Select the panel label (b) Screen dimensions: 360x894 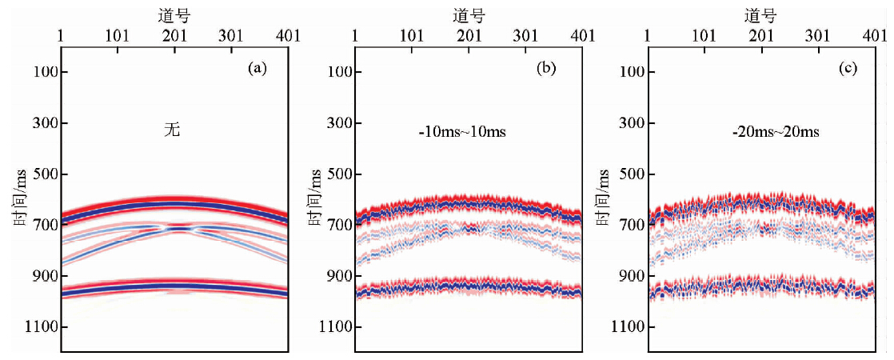tap(547, 69)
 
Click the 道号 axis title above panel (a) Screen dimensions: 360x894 tap(175, 15)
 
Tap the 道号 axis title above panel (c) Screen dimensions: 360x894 tap(760, 15)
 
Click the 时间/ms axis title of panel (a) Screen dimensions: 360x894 tap(22, 197)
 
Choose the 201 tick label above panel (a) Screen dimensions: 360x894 tap(175, 35)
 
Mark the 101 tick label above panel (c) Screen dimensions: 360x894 tap(704, 35)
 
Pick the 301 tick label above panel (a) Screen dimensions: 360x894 tap(231, 35)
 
